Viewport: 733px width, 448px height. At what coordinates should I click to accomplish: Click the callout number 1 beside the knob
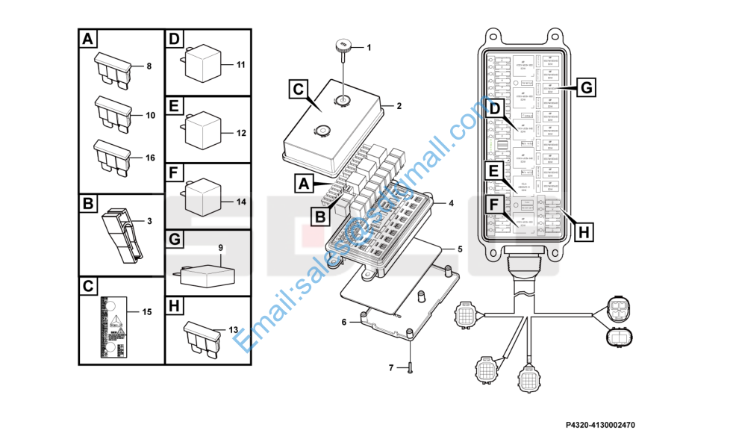tap(368, 47)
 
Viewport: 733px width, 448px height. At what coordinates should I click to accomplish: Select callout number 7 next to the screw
tap(390, 367)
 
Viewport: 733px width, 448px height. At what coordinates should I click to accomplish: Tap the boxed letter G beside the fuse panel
tap(586, 88)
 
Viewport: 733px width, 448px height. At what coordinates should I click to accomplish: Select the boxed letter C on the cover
tap(298, 90)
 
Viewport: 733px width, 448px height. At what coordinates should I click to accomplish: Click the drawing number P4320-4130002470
tap(599, 425)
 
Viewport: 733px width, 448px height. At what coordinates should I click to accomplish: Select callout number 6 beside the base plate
tap(344, 322)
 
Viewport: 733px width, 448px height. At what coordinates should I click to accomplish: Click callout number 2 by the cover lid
tap(399, 106)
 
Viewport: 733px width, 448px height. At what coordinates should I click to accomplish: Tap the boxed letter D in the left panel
tap(175, 39)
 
